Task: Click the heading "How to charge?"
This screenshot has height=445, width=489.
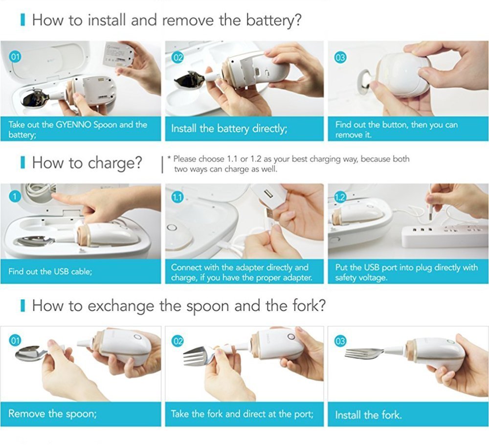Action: pyautogui.click(x=87, y=163)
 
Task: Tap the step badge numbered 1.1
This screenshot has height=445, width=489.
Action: pyautogui.click(x=178, y=197)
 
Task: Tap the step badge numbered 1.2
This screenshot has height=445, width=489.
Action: pyautogui.click(x=340, y=197)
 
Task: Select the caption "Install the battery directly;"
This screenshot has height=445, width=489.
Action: pyautogui.click(x=229, y=129)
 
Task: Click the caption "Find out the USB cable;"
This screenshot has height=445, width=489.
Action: pyautogui.click(x=50, y=271)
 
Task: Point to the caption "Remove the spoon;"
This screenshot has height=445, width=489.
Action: pyautogui.click(x=52, y=414)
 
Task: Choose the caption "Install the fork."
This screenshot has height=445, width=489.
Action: pyautogui.click(x=368, y=415)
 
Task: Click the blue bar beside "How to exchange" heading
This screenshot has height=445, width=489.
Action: pyautogui.click(x=22, y=306)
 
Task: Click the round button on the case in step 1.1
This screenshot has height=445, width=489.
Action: pyautogui.click(x=172, y=229)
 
